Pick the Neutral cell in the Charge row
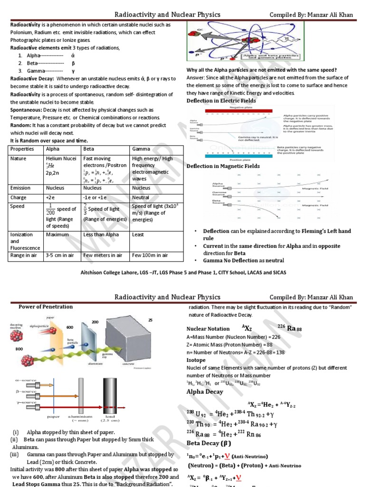coord(141,197)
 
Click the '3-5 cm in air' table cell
coord(60,255)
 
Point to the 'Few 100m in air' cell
coord(150,255)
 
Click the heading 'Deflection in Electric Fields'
coord(221,101)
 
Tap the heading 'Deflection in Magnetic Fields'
coord(223,166)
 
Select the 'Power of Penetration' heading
coord(46,307)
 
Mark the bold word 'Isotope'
coord(196,360)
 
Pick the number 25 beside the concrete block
coord(151,321)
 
